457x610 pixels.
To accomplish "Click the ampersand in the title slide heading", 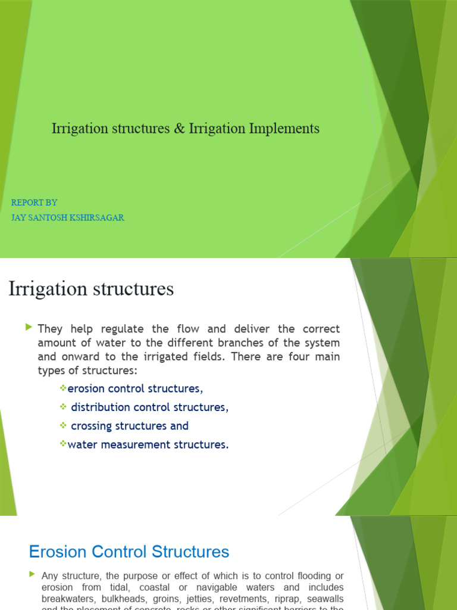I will pyautogui.click(x=180, y=128).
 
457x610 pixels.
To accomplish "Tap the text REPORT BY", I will pyautogui.click(x=34, y=203).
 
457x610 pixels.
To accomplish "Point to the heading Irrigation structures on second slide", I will pyautogui.click(x=91, y=289).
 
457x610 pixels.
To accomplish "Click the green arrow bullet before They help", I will pyautogui.click(x=29, y=328).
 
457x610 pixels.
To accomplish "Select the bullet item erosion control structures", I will pyautogui.click(x=135, y=389).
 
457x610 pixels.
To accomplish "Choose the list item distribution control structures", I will pyautogui.click(x=149, y=407).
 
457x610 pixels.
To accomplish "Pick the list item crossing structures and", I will pyautogui.click(x=129, y=426).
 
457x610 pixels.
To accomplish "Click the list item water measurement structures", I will pyautogui.click(x=148, y=444).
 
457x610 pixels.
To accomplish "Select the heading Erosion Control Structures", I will pyautogui.click(x=129, y=552).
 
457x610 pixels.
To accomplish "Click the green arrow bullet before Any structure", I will pyautogui.click(x=32, y=574).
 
